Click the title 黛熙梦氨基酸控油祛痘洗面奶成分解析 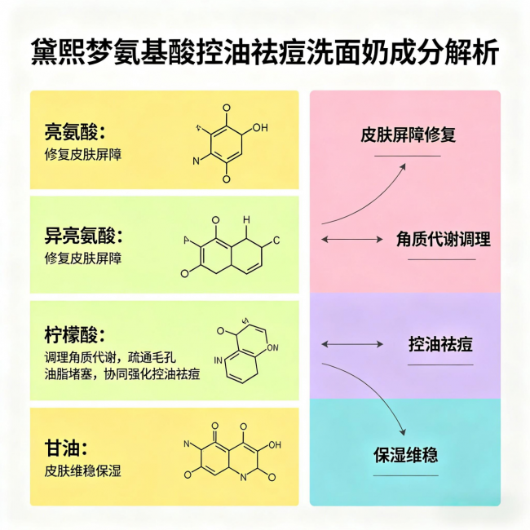coord(265,51)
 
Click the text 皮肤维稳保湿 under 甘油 coord(83,470)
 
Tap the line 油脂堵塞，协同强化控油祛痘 coord(122,374)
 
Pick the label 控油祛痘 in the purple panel coord(440,344)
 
